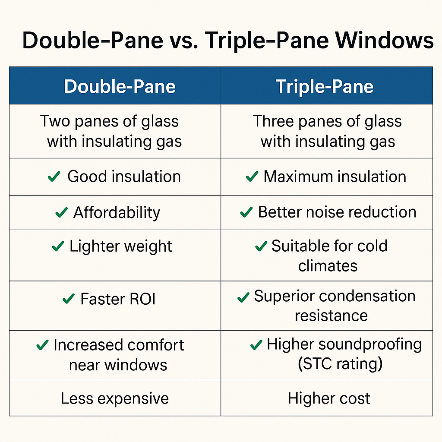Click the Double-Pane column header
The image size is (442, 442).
click(x=120, y=86)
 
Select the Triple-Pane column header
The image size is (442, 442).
click(x=325, y=86)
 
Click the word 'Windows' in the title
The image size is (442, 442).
click(x=384, y=41)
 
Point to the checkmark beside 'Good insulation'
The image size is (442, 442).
click(x=54, y=177)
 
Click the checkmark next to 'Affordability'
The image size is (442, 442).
click(x=61, y=212)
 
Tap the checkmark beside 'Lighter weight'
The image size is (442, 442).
click(x=57, y=246)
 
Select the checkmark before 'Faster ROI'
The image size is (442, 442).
click(x=69, y=299)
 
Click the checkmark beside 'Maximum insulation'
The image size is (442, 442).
click(x=251, y=177)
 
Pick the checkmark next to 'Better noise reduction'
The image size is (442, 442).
click(x=246, y=212)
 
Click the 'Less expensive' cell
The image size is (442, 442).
click(x=114, y=398)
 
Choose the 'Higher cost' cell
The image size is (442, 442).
click(x=329, y=398)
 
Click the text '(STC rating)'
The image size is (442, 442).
click(x=340, y=364)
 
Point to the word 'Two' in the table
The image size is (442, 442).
click(x=55, y=121)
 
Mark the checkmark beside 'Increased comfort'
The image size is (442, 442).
click(x=42, y=345)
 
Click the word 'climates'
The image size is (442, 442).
click(x=328, y=265)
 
